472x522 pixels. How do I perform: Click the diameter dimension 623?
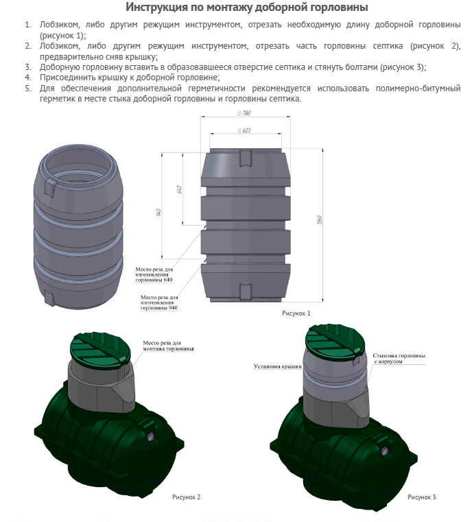244,130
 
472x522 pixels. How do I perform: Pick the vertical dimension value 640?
179,190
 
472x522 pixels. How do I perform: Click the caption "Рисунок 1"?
296,313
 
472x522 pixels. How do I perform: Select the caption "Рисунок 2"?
186,497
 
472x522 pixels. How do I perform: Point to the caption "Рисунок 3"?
421,497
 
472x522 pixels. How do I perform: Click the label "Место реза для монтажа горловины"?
167,345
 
